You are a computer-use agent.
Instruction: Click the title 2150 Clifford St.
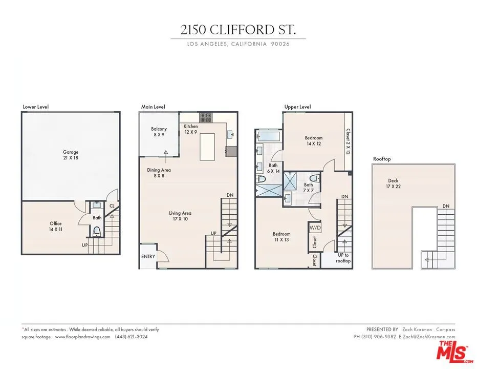pos(238,29)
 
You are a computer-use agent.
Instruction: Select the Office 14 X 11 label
pos(56,227)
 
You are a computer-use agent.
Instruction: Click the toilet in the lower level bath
pos(96,231)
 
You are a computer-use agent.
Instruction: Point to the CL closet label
pos(112,206)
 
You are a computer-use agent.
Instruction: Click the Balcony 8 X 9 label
pos(159,132)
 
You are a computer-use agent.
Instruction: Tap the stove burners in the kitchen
pos(206,117)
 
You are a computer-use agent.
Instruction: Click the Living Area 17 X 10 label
pos(180,216)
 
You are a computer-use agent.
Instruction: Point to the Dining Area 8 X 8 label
pos(159,173)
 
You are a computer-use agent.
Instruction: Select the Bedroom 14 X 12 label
pos(314,141)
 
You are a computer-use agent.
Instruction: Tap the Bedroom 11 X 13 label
pos(281,237)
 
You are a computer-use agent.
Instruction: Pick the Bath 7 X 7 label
pos(308,188)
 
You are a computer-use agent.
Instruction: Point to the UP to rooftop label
pos(343,258)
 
